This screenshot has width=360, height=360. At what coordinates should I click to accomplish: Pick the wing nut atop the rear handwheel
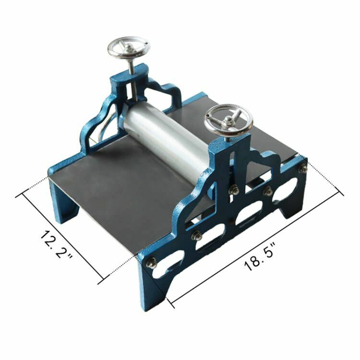(129, 47)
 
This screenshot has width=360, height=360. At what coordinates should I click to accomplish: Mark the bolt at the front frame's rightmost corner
(302, 168)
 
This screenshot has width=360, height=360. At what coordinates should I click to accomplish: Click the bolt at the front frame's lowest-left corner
(152, 263)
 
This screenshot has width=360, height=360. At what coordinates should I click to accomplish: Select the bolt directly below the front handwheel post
(234, 190)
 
